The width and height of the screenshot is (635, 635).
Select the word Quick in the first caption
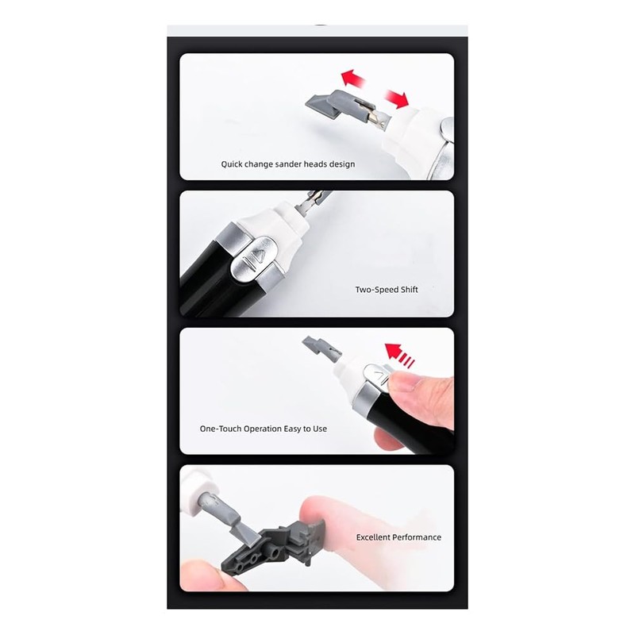[x=233, y=164]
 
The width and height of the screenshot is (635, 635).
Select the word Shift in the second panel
[x=408, y=290]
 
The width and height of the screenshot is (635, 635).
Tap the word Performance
[x=419, y=537]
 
